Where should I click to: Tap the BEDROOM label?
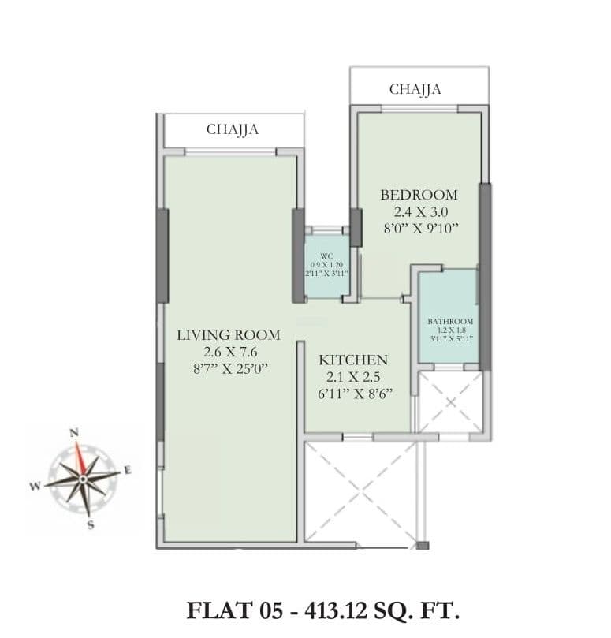coord(419,195)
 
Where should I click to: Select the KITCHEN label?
coord(352,360)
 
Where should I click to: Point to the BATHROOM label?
coord(450,322)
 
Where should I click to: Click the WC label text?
coord(326,256)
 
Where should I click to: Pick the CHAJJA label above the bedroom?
coord(415,90)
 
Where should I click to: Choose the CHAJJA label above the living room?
coord(233,129)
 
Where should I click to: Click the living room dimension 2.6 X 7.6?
coord(225,352)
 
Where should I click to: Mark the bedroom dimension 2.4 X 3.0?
coord(419,212)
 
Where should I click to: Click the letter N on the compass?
coord(75,431)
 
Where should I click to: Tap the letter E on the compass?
coord(128,471)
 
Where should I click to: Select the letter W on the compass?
coord(35,487)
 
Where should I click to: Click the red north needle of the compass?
coord(80,457)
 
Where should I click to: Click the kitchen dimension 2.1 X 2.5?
coord(352,376)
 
